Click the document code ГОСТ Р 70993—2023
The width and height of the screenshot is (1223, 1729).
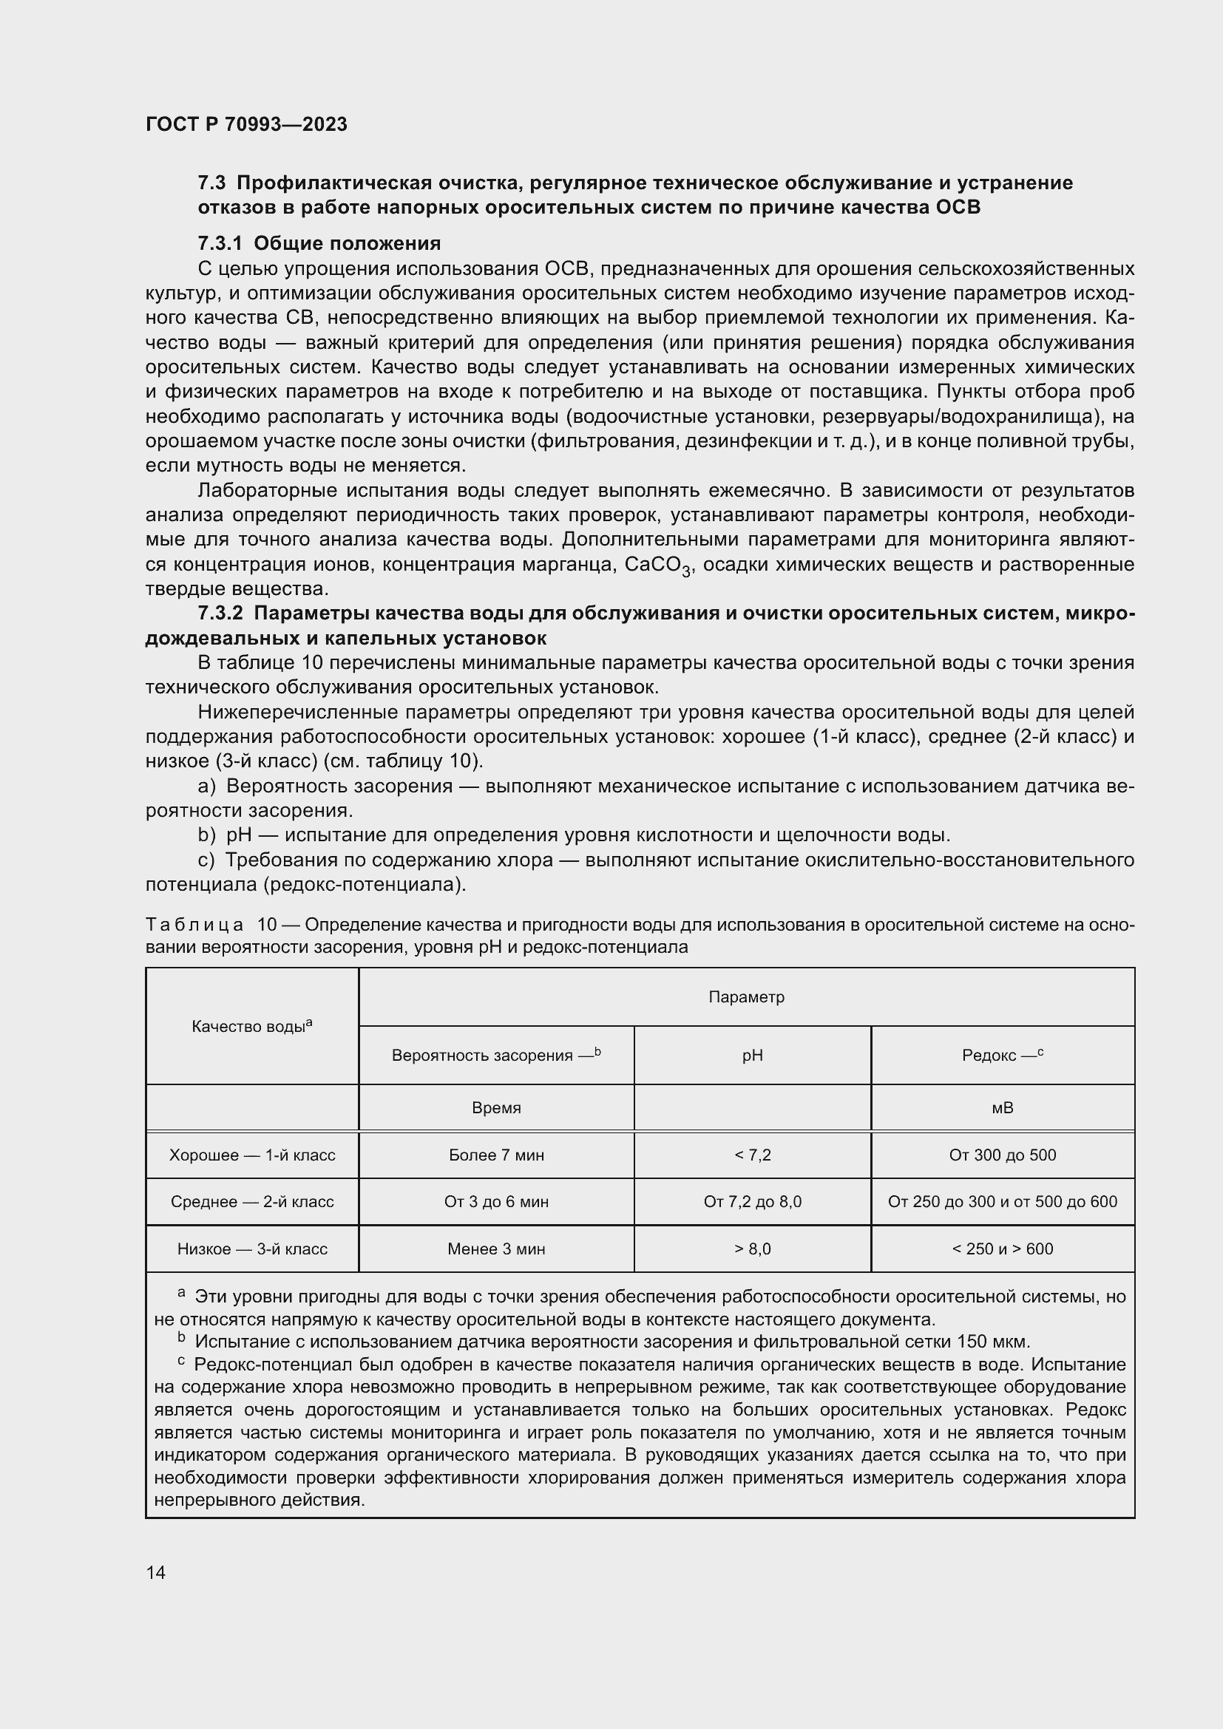click(246, 124)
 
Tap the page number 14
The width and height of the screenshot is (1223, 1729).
click(156, 1572)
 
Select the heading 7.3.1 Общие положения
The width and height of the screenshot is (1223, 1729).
click(319, 243)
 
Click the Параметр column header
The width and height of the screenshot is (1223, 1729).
click(746, 997)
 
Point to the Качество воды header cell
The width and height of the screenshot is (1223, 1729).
click(251, 1027)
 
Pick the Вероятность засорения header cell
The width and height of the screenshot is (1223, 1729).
click(495, 1055)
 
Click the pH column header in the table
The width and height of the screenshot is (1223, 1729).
click(752, 1056)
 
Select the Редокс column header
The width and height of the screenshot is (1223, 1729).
click(1003, 1055)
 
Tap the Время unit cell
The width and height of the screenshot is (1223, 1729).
click(495, 1108)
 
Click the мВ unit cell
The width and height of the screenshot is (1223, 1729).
click(1003, 1108)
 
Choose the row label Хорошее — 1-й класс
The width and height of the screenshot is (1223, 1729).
click(251, 1155)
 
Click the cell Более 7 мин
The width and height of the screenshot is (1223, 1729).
click(495, 1155)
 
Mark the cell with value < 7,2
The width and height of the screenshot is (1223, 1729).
click(752, 1155)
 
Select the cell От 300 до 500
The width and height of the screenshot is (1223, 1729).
click(1003, 1155)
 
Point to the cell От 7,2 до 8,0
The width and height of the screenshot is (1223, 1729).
click(752, 1202)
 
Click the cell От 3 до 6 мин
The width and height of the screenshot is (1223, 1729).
click(495, 1202)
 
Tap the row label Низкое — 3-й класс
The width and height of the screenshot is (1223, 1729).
click(251, 1249)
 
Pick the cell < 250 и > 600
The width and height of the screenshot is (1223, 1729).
click(1003, 1249)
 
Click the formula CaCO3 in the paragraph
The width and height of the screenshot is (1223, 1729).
click(657, 565)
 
